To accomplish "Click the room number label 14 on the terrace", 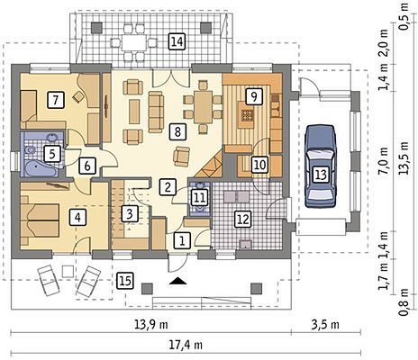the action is (177, 41).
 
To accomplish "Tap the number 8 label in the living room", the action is (177, 131).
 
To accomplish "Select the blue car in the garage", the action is (321, 166).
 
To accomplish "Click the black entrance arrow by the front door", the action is (178, 281).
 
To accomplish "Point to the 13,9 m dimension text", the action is (151, 324).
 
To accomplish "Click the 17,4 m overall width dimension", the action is (186, 345).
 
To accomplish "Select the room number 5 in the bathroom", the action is (52, 154).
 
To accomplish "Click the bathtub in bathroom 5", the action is (39, 168).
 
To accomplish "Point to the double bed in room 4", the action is (40, 220).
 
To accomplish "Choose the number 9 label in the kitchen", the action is (254, 96).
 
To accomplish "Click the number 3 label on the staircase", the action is (130, 214).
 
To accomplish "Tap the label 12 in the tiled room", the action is (243, 219).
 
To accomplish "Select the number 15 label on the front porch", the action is (125, 281).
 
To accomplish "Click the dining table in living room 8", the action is (203, 106).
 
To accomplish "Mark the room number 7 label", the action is (56, 100).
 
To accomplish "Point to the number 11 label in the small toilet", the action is (199, 198).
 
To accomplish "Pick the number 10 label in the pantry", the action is (259, 165).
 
